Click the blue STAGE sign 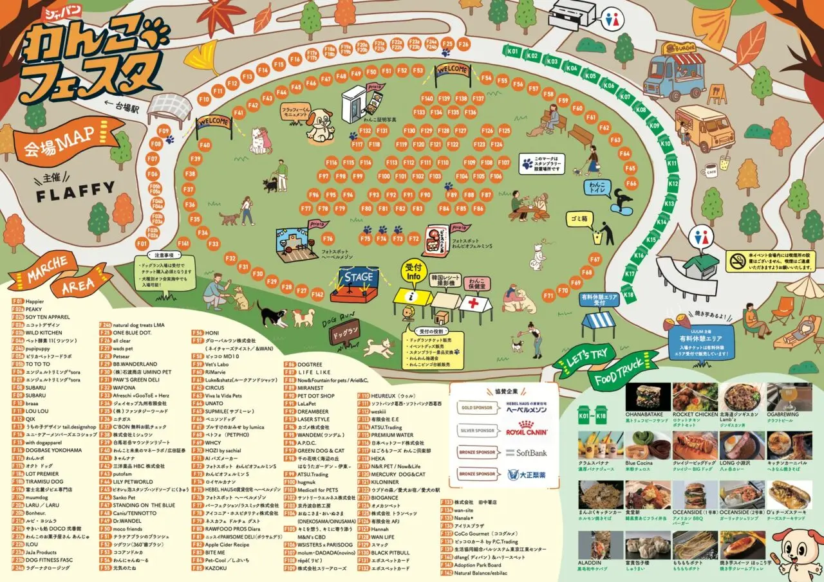click(x=359, y=277)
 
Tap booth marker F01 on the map click(x=142, y=244)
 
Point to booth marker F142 click(x=317, y=294)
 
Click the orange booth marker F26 click(x=463, y=44)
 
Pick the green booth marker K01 click(x=512, y=51)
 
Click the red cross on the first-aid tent click(x=476, y=303)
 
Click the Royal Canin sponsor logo click(x=526, y=432)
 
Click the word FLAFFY click(x=75, y=188)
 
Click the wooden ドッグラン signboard click(x=346, y=333)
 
